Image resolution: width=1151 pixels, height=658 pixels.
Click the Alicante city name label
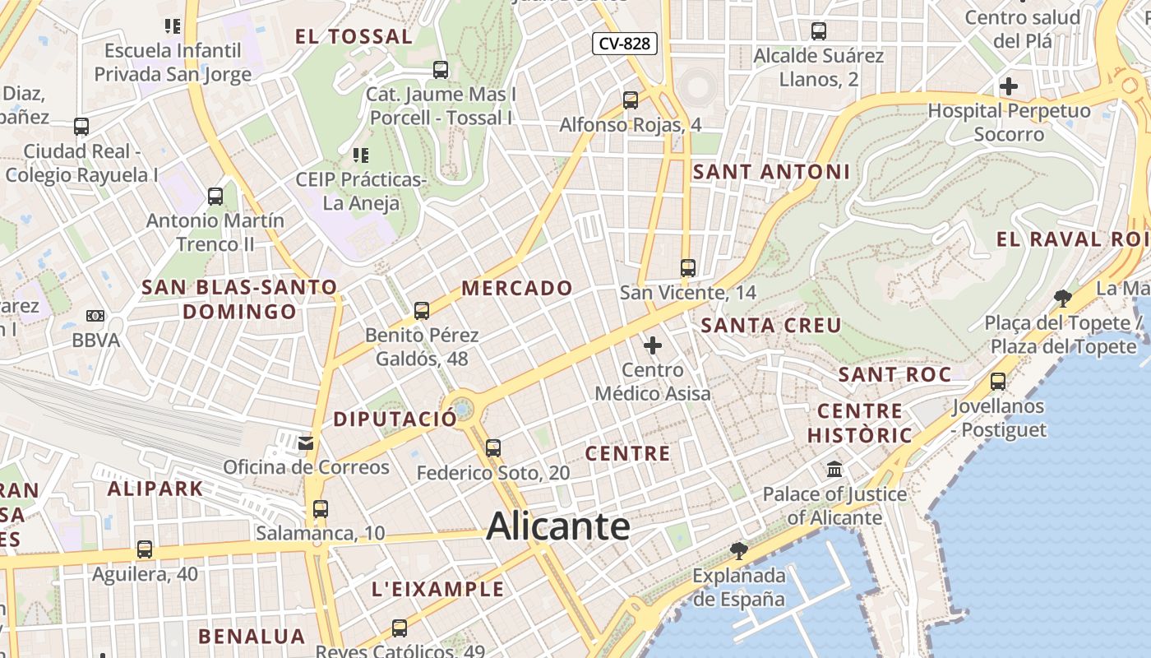pyautogui.click(x=558, y=526)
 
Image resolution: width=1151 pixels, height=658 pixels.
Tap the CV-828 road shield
pyautogui.click(x=625, y=44)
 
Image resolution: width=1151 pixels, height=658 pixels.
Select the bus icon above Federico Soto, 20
pyautogui.click(x=493, y=448)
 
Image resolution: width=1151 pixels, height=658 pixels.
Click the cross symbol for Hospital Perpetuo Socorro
pyautogui.click(x=1009, y=86)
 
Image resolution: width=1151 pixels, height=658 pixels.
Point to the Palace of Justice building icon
pyautogui.click(x=835, y=470)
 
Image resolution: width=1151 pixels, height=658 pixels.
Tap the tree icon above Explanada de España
pyautogui.click(x=739, y=550)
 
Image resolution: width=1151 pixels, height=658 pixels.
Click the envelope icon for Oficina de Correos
pyautogui.click(x=306, y=443)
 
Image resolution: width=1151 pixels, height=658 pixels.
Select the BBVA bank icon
pyautogui.click(x=95, y=316)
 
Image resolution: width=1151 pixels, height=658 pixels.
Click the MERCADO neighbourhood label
pyautogui.click(x=517, y=288)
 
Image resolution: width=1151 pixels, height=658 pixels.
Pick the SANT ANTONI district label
pyautogui.click(x=771, y=172)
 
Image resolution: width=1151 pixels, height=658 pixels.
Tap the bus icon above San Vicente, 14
pyautogui.click(x=688, y=268)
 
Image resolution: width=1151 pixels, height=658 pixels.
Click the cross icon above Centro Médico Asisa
pyautogui.click(x=653, y=345)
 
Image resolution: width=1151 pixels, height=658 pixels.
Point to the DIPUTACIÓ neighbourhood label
pyautogui.click(x=395, y=419)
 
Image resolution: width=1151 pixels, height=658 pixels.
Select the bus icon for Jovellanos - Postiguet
pyautogui.click(x=998, y=382)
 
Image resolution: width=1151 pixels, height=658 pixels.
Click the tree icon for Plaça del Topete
pyautogui.click(x=1063, y=298)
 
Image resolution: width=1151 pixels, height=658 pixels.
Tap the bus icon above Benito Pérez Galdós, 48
pyautogui.click(x=422, y=311)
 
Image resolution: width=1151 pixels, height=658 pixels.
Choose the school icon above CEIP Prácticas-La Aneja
pyautogui.click(x=360, y=155)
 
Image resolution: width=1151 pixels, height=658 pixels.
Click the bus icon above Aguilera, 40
pyautogui.click(x=145, y=549)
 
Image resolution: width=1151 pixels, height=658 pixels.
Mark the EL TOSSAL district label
pyautogui.click(x=354, y=36)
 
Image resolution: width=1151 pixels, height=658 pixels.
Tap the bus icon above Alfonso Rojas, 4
pyautogui.click(x=631, y=100)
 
